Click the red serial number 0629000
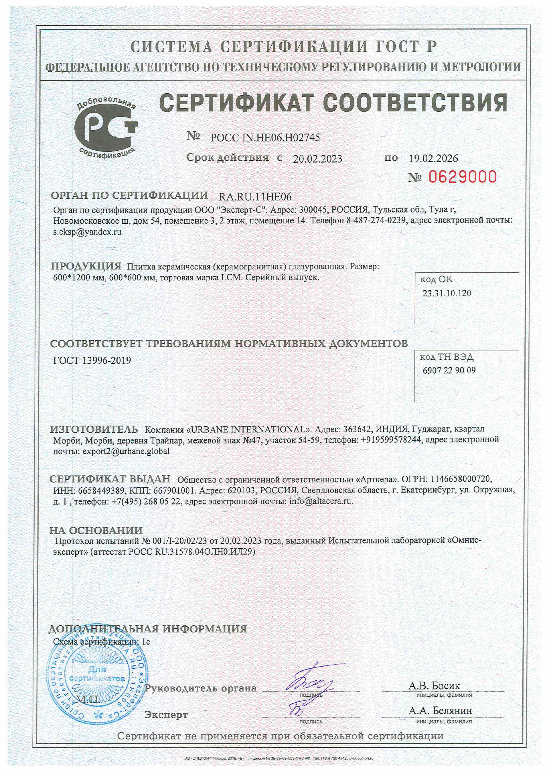point(463,177)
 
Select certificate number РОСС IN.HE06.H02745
point(265,138)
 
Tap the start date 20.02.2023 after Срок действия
point(317,159)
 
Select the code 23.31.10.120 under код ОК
point(447,293)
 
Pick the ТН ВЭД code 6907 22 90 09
point(449,371)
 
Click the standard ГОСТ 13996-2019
point(92,361)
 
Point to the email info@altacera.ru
point(321,501)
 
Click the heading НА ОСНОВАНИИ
point(96,530)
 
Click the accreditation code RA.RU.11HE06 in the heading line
point(255,197)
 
